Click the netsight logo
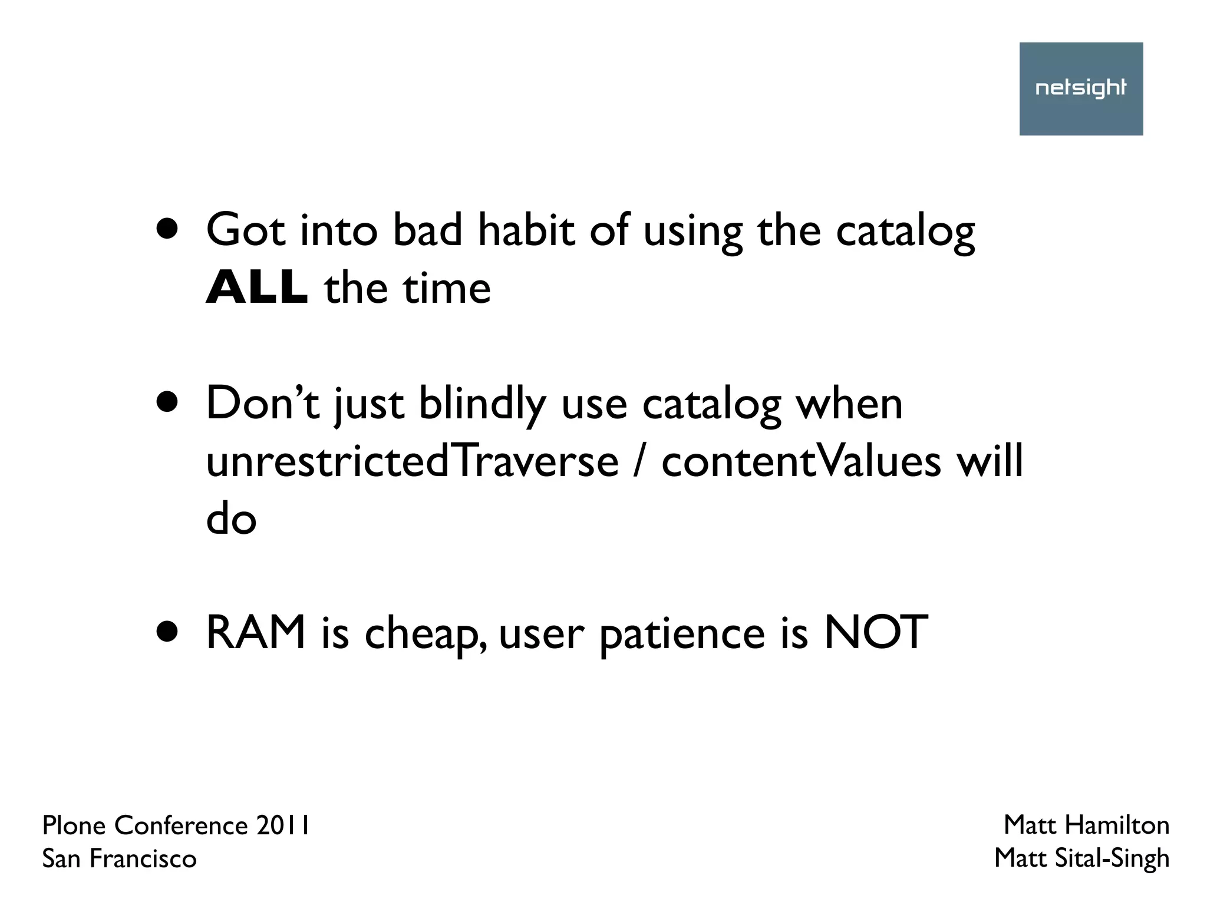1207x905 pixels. (1081, 88)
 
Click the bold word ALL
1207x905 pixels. (256, 288)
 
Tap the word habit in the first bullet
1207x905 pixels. (526, 230)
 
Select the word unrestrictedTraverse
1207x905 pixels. (412, 461)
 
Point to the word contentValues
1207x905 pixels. (801, 461)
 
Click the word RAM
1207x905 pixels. (256, 633)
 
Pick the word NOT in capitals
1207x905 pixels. (875, 633)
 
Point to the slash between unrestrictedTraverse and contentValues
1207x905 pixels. (640, 463)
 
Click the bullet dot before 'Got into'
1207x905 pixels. (167, 230)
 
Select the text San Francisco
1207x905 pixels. (119, 859)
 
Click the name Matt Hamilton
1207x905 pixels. (1086, 825)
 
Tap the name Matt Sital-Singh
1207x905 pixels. (1081, 858)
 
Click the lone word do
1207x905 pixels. (231, 520)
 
